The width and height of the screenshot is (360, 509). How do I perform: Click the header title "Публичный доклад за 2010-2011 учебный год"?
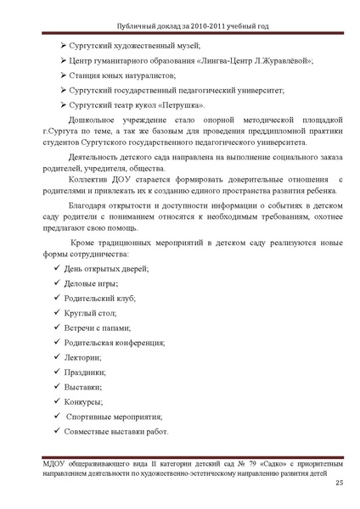[x=179, y=26]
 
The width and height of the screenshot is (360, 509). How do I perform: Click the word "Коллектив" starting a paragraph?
[x=93, y=180]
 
